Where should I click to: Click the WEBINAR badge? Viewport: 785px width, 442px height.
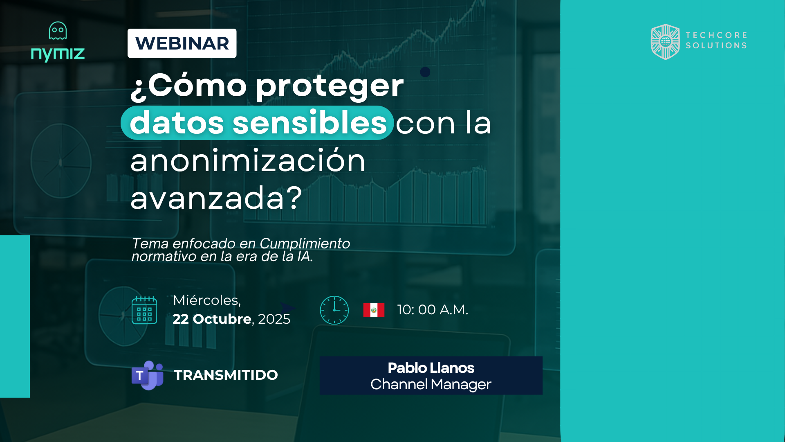[x=182, y=43]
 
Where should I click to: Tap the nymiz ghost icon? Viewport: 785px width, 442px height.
[x=58, y=31]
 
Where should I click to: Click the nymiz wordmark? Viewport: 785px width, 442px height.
[x=58, y=54]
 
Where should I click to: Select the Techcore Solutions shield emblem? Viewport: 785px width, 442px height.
[x=665, y=41]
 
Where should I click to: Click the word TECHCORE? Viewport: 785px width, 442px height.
[x=716, y=35]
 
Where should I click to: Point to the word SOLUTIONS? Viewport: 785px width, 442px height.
[x=716, y=45]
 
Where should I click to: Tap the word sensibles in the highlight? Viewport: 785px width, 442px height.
[x=310, y=122]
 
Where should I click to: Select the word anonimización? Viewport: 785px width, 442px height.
[x=248, y=160]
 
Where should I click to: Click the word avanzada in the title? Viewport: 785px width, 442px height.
[x=207, y=198]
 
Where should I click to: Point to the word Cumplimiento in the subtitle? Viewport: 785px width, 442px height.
[x=305, y=244]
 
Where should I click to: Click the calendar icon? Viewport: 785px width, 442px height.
[x=144, y=310]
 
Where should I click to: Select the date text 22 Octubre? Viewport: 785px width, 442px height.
[x=212, y=319]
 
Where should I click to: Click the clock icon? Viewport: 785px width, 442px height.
[x=334, y=310]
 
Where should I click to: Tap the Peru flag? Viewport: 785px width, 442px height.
[x=374, y=310]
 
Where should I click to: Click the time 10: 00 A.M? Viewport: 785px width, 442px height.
[x=433, y=310]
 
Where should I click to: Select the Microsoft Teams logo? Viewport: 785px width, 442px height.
[x=148, y=375]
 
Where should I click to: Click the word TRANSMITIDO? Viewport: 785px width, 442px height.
[x=226, y=375]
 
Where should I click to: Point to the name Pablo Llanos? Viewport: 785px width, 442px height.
[x=431, y=368]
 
